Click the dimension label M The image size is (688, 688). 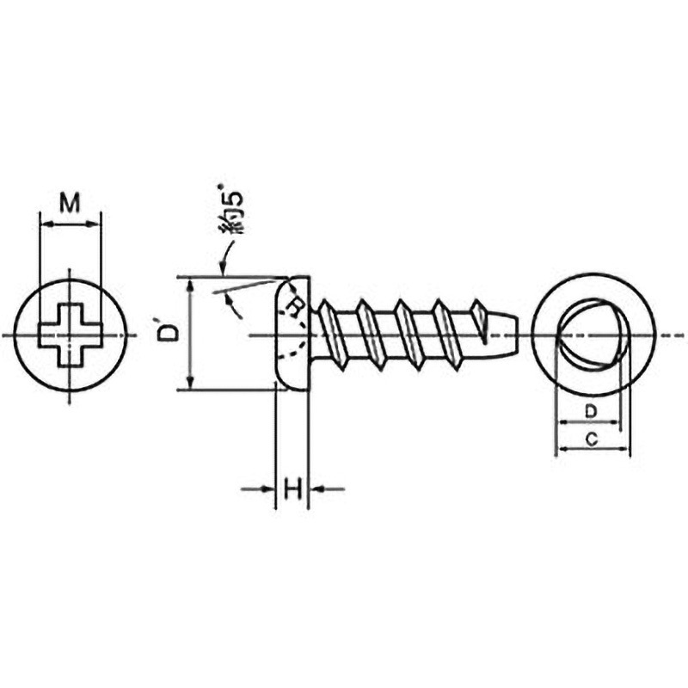point(71,203)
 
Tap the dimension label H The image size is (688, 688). point(292,490)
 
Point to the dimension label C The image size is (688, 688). point(592,439)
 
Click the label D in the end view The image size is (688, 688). point(590,411)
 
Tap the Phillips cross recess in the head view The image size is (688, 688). point(71,335)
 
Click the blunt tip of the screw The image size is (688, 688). point(511,334)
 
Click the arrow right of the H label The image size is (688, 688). point(327,489)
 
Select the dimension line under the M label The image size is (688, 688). point(71,224)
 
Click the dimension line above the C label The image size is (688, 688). point(593,449)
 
